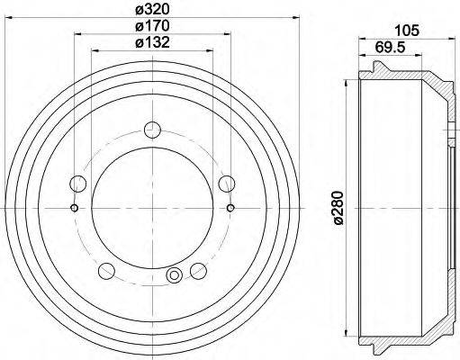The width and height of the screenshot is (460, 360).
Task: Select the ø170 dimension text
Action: click(150, 26)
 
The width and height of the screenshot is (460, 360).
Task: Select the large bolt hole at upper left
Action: click(78, 184)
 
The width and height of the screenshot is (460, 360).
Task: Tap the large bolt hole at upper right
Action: click(226, 184)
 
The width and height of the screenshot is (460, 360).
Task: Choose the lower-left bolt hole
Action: click(107, 269)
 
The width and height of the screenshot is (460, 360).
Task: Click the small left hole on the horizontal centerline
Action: click(73, 209)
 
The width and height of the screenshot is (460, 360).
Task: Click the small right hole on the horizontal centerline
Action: click(230, 209)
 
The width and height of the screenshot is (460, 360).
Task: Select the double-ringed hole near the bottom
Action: click(175, 275)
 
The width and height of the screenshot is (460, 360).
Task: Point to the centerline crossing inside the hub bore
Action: click(151, 209)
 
